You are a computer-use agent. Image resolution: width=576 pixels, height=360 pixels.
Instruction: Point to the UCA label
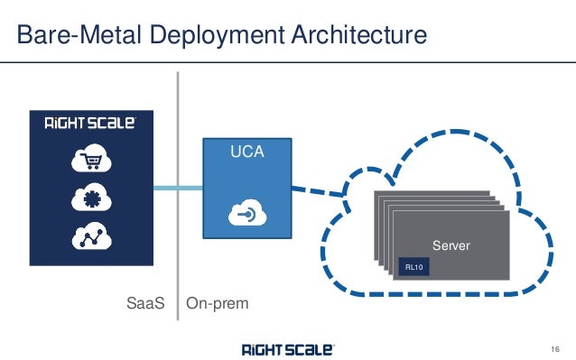coord(246,152)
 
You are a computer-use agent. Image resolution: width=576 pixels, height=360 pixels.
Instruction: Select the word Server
coord(451,245)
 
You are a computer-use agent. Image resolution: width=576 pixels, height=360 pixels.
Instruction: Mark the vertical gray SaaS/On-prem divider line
coord(177,226)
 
